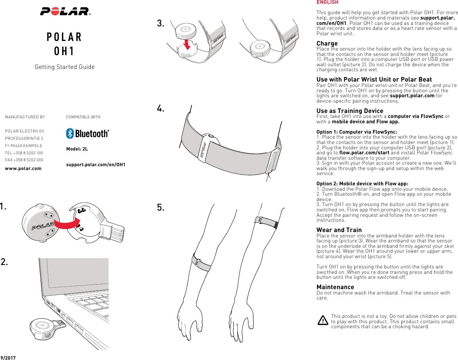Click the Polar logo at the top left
[x=65, y=11]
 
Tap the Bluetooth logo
[x=87, y=133]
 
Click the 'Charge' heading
[x=327, y=43]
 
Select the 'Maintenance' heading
[x=335, y=287]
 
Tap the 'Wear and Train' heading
[x=339, y=230]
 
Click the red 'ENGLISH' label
[x=327, y=2]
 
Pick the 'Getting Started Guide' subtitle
[x=64, y=67]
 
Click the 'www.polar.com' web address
[x=23, y=168]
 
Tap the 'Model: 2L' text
[x=77, y=149]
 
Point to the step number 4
[x=161, y=109]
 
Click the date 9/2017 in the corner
[x=8, y=357]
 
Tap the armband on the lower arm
[x=202, y=262]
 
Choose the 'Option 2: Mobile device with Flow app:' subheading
[x=362, y=183]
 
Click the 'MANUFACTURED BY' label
[x=25, y=117]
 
